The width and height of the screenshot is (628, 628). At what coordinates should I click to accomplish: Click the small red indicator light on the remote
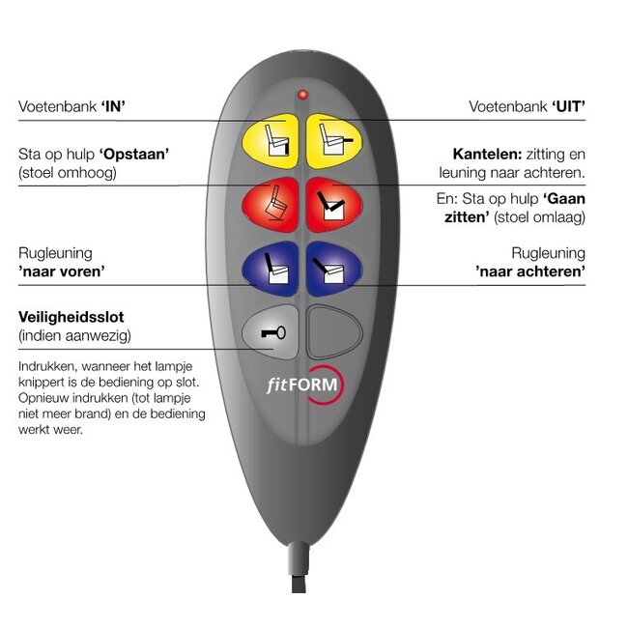tap(301, 95)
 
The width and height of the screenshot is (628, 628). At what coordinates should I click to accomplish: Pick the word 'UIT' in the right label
tap(568, 105)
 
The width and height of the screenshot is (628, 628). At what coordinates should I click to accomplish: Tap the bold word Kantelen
tap(487, 154)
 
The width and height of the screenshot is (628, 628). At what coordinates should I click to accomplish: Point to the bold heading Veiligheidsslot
tap(71, 317)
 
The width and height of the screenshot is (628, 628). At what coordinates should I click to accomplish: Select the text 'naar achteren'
tap(530, 272)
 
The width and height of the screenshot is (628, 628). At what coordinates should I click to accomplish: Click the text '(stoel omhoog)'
tap(68, 172)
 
